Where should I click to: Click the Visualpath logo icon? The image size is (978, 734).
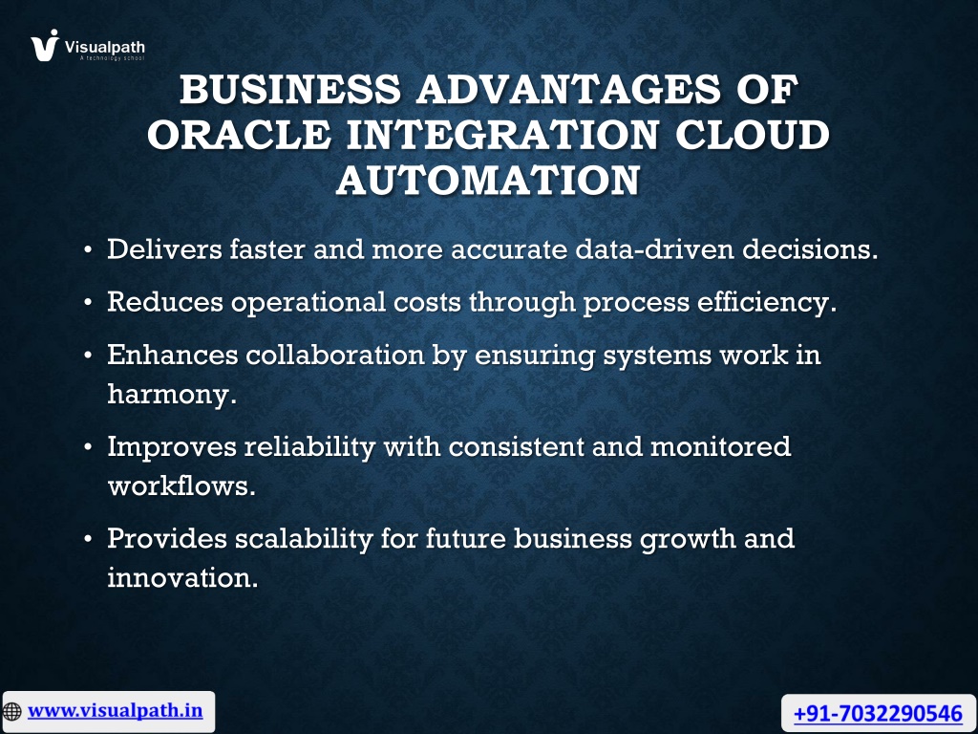click(45, 46)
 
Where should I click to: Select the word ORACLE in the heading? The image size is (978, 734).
click(239, 134)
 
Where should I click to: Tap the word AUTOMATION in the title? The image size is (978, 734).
click(488, 181)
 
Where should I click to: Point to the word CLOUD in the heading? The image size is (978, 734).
click(753, 134)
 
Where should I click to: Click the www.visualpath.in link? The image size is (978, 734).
click(116, 711)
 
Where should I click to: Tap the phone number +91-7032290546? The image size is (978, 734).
click(879, 713)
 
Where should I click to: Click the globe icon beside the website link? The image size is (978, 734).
click(11, 711)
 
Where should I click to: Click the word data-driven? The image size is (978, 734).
click(654, 249)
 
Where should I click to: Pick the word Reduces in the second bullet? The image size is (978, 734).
click(165, 302)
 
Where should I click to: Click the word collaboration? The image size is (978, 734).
click(335, 356)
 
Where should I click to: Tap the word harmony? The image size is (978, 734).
click(172, 395)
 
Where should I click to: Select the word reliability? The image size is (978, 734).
click(310, 447)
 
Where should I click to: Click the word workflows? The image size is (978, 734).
click(181, 486)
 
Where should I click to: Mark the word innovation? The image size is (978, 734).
click(182, 577)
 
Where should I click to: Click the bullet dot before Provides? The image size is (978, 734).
click(88, 539)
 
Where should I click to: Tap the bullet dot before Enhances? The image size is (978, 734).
click(88, 356)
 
